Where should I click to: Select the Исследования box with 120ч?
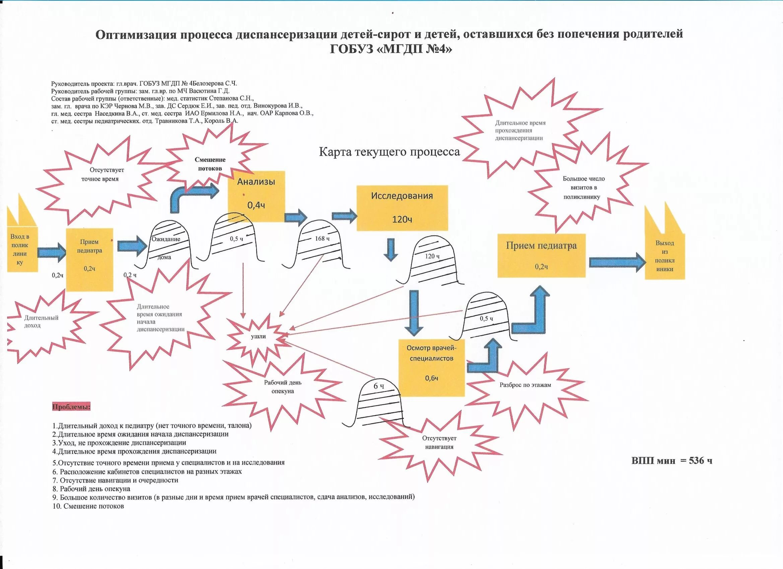pos(402,208)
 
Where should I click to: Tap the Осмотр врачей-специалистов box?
pos(431,368)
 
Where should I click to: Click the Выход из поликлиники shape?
pos(664,256)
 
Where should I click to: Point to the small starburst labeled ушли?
pos(258,336)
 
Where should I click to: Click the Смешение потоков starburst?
pos(210,164)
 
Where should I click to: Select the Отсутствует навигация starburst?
pos(439,443)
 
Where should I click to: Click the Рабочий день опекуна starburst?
pos(282,387)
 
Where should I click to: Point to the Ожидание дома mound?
pos(167,247)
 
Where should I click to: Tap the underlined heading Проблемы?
pos(71,407)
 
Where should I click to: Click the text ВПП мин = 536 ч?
pos(671,461)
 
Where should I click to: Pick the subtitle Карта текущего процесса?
pos(389,152)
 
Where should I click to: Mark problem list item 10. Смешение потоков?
pos(88,506)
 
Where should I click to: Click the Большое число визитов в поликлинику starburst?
pos(583,188)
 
